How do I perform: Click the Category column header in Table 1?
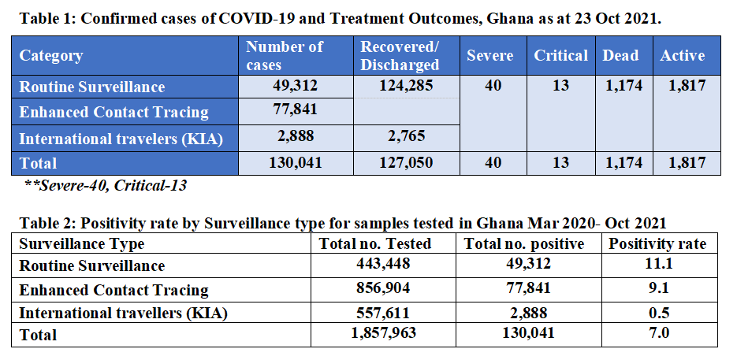pos(51,56)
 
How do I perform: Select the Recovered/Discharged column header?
pos(400,56)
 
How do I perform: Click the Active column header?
pos(683,56)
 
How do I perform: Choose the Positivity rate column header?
pos(657,243)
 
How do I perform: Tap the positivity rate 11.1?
pos(657,265)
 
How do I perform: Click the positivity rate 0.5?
pos(657,312)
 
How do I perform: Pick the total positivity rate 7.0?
pos(657,334)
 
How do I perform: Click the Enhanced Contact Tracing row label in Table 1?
pos(114,112)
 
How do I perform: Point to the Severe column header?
pos(489,56)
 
